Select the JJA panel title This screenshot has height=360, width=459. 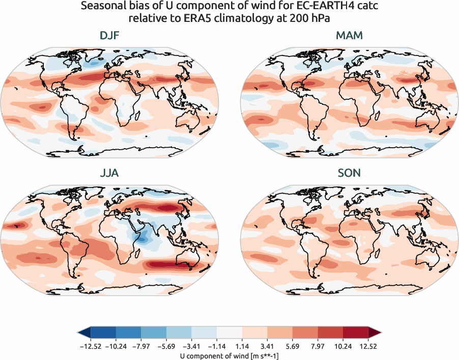pyautogui.click(x=109, y=173)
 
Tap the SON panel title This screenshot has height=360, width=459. pyautogui.click(x=350, y=173)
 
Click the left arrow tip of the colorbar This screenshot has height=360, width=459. pyautogui.click(x=79, y=332)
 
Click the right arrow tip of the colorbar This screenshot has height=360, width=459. pyautogui.click(x=380, y=332)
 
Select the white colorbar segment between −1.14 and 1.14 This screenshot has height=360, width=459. pyautogui.click(x=230, y=332)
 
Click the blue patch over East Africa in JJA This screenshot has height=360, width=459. pyautogui.click(x=143, y=237)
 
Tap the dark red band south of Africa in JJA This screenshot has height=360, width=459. pyautogui.click(x=173, y=264)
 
